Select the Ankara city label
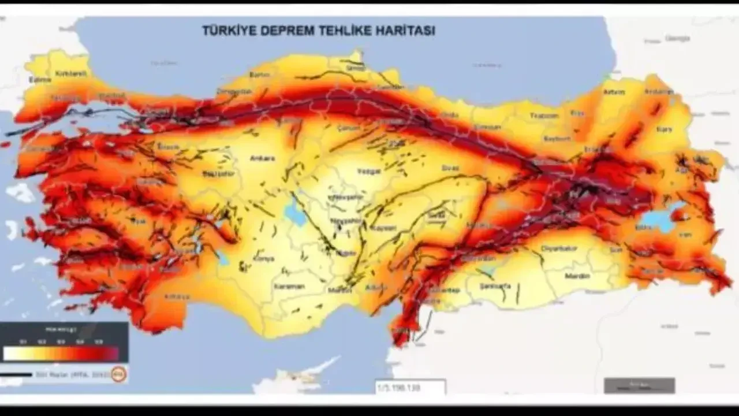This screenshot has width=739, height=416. click(x=263, y=158)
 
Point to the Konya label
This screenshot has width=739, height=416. click(x=262, y=258)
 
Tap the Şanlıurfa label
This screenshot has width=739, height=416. click(x=496, y=285)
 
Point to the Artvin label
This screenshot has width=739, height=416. click(x=614, y=91)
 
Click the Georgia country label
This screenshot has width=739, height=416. click(x=677, y=38)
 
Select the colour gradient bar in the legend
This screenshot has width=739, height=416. click(x=61, y=354)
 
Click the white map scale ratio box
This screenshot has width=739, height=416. click(x=410, y=386)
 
